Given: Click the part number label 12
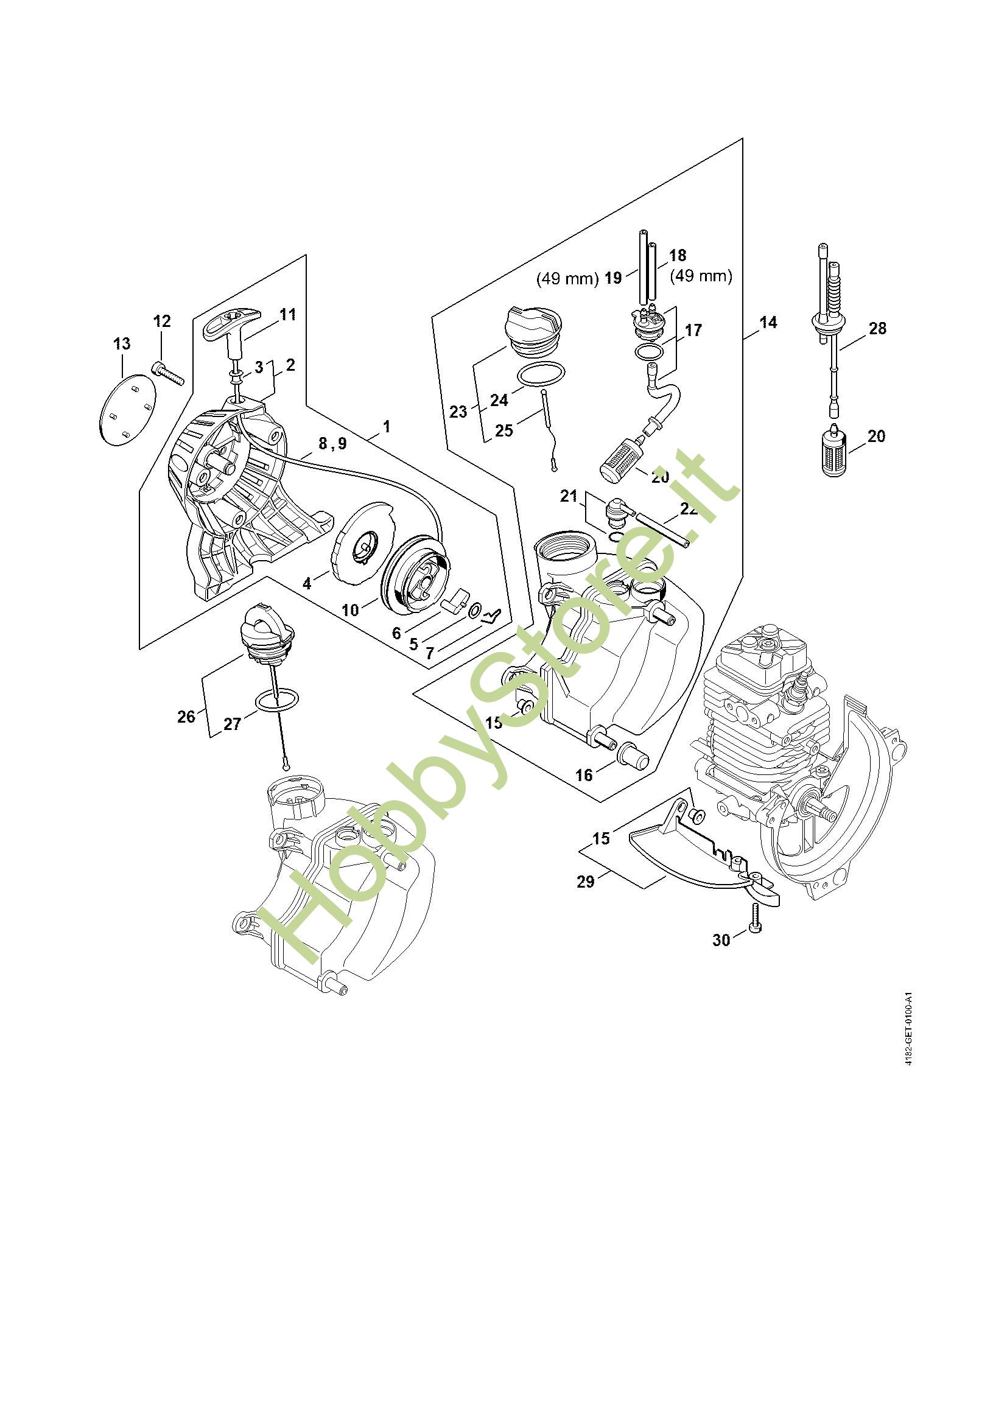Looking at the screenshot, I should click(x=162, y=321).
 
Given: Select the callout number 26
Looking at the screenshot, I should click(x=186, y=717).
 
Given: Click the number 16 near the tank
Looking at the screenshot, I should click(x=584, y=774).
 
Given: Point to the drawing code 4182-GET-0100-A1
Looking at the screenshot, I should click(x=908, y=1047).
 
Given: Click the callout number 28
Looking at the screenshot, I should click(x=877, y=328).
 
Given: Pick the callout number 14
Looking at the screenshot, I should click(x=768, y=323).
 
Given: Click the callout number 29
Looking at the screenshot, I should click(x=585, y=882).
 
